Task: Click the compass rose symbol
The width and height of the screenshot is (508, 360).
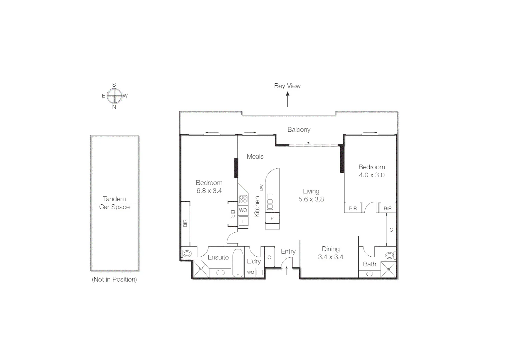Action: (114, 96)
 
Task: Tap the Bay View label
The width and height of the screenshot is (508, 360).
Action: (287, 86)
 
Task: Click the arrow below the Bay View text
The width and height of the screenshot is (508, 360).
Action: (287, 99)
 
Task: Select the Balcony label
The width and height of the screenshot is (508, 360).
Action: (299, 130)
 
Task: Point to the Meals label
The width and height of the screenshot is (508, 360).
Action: (255, 156)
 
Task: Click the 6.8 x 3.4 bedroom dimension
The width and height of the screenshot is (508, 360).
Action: (209, 191)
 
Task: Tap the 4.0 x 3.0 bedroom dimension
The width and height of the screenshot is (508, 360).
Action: (371, 175)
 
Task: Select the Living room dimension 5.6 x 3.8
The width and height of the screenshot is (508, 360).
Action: (311, 199)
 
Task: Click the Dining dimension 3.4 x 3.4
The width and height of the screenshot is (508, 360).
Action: (330, 257)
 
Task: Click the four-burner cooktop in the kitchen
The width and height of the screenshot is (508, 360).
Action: (243, 199)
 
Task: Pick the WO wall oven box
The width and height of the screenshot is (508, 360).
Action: (243, 210)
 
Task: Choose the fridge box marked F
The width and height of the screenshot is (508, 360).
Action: (244, 221)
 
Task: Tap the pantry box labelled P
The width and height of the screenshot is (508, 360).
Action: (272, 218)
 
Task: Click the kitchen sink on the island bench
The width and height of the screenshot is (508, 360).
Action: (269, 201)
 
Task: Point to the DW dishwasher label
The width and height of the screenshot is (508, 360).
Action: (261, 187)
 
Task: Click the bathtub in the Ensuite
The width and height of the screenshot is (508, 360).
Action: (238, 263)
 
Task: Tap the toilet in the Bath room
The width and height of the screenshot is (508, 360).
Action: (389, 256)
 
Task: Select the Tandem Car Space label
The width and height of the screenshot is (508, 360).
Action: (114, 203)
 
